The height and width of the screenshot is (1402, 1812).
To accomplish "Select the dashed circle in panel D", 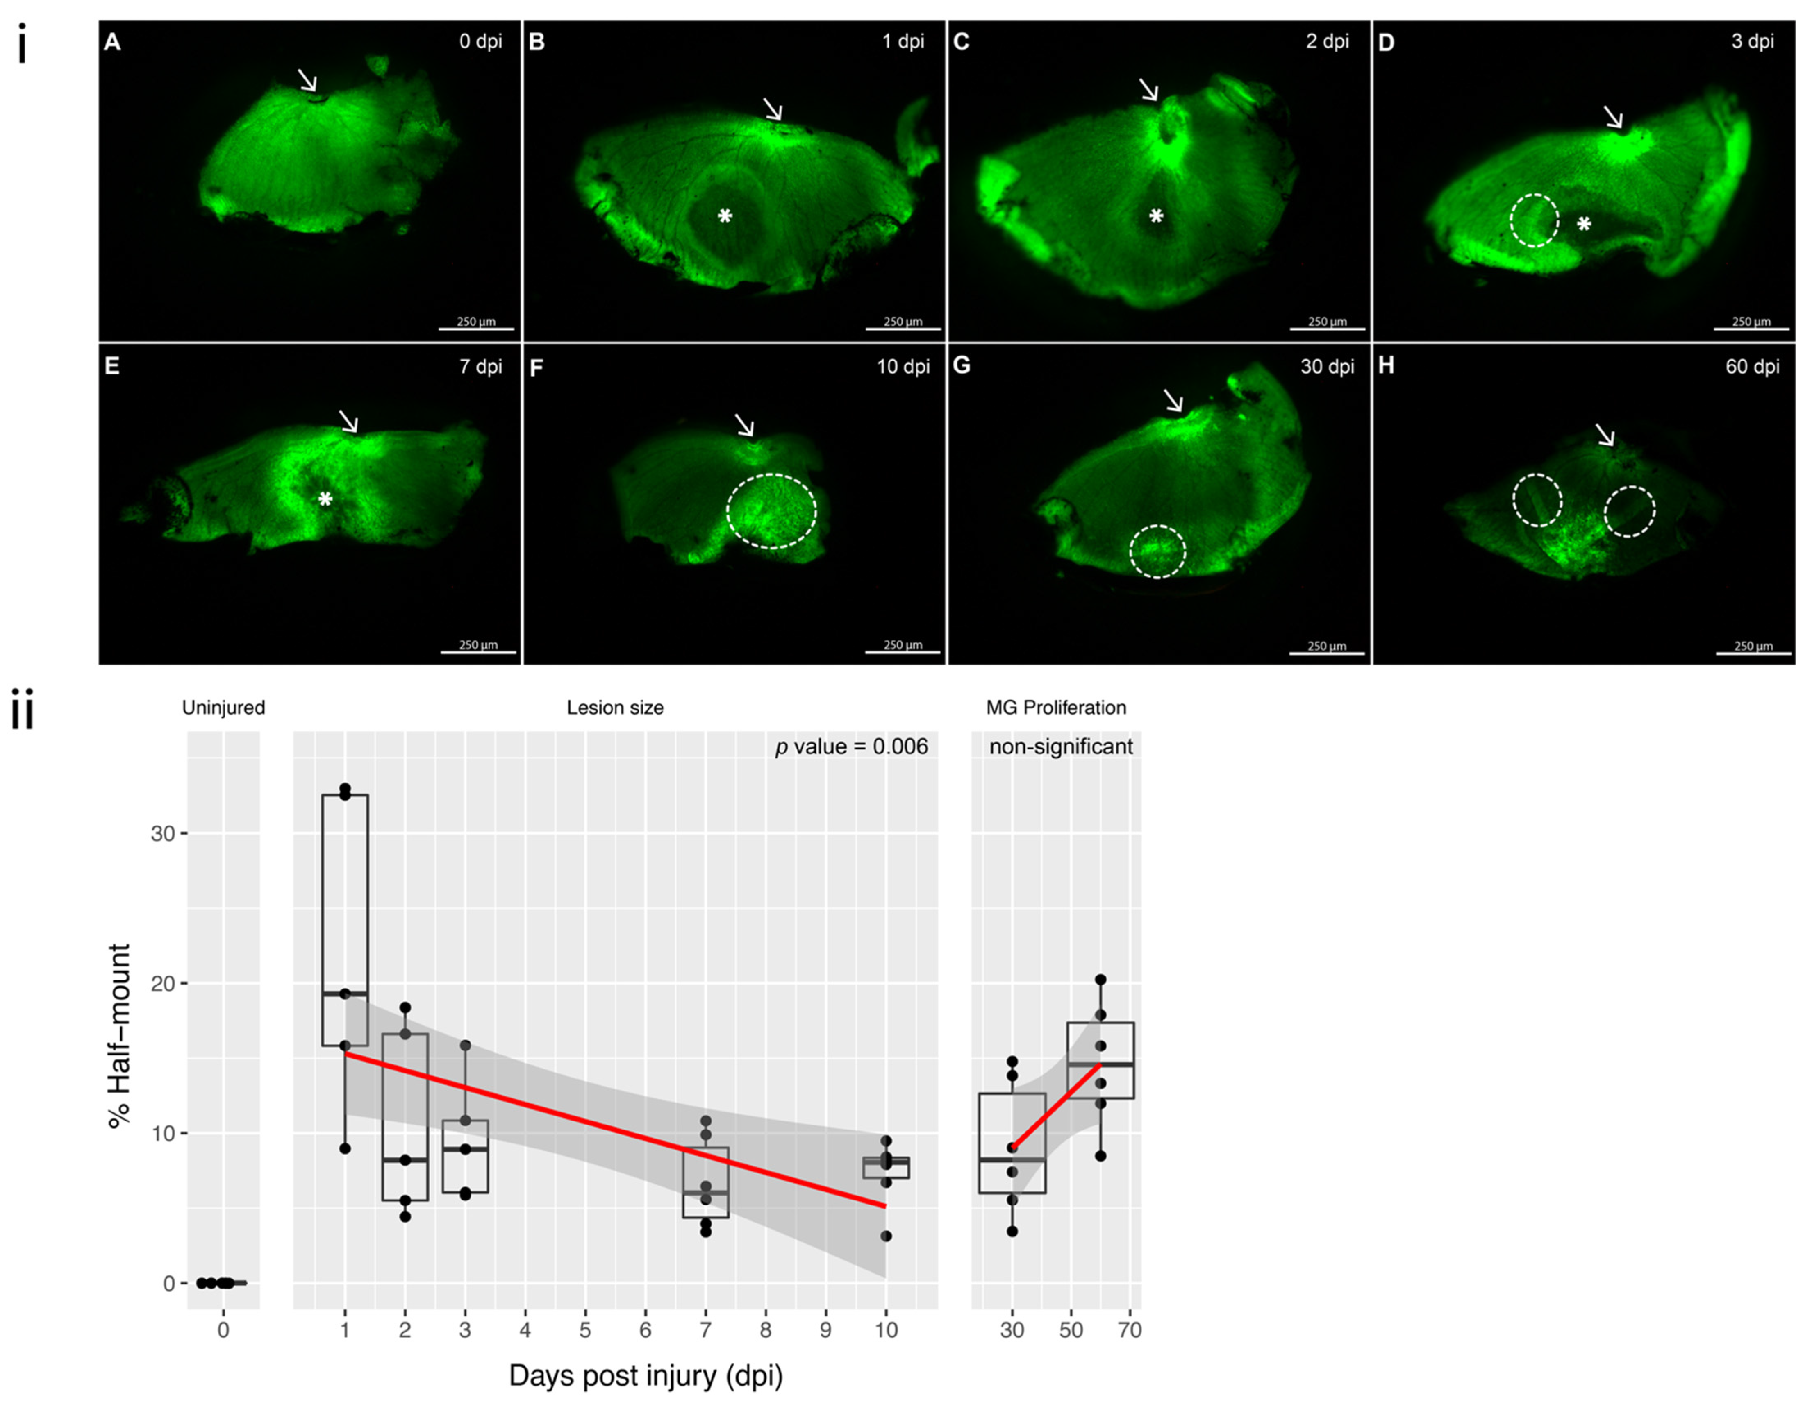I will pos(1534,220).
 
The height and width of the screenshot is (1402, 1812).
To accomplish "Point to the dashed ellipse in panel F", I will pos(772,511).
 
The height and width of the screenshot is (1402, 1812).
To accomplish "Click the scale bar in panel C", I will pos(1327,329).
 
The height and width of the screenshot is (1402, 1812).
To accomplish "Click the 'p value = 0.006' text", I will pos(851,746).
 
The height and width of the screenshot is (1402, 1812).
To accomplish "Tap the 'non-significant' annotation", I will pos(1060,746).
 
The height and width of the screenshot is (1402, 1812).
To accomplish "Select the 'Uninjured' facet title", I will pos(223,708).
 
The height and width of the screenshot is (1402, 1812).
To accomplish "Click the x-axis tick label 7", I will pos(705,1330).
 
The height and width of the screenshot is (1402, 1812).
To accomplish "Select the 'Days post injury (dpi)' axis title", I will pos(646,1375).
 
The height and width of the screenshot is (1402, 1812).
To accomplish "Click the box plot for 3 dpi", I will pos(465,1157).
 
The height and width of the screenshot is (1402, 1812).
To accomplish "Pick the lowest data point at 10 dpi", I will pos(886,1236).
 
